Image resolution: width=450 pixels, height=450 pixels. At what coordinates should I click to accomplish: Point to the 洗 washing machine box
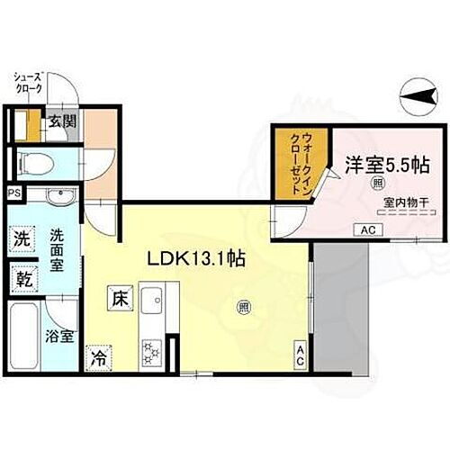22,239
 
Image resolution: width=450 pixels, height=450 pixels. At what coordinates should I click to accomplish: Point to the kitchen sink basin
152,299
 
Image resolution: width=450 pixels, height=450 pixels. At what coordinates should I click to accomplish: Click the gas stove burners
150,349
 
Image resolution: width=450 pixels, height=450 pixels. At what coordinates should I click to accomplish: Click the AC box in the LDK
301,355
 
